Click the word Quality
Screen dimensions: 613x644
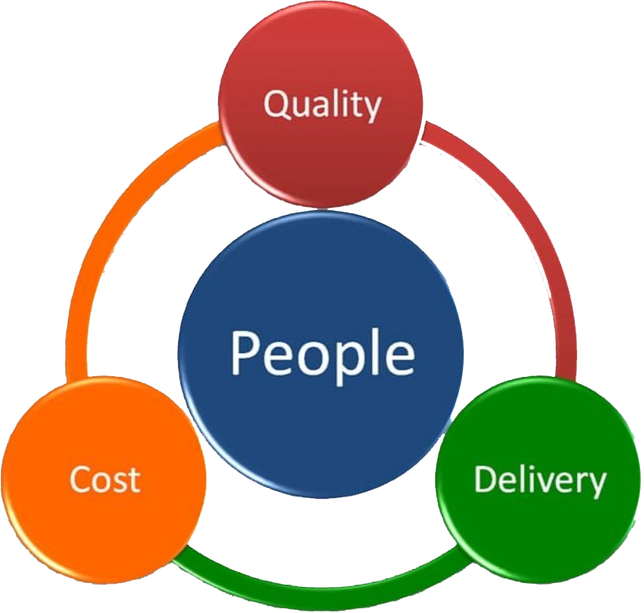pos(321,105)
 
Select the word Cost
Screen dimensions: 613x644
pos(105,479)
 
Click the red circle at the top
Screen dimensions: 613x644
pos(321,157)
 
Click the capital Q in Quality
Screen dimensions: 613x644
pos(276,105)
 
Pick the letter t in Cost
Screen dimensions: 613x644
pos(134,479)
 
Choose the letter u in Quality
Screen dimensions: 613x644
pos(301,107)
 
